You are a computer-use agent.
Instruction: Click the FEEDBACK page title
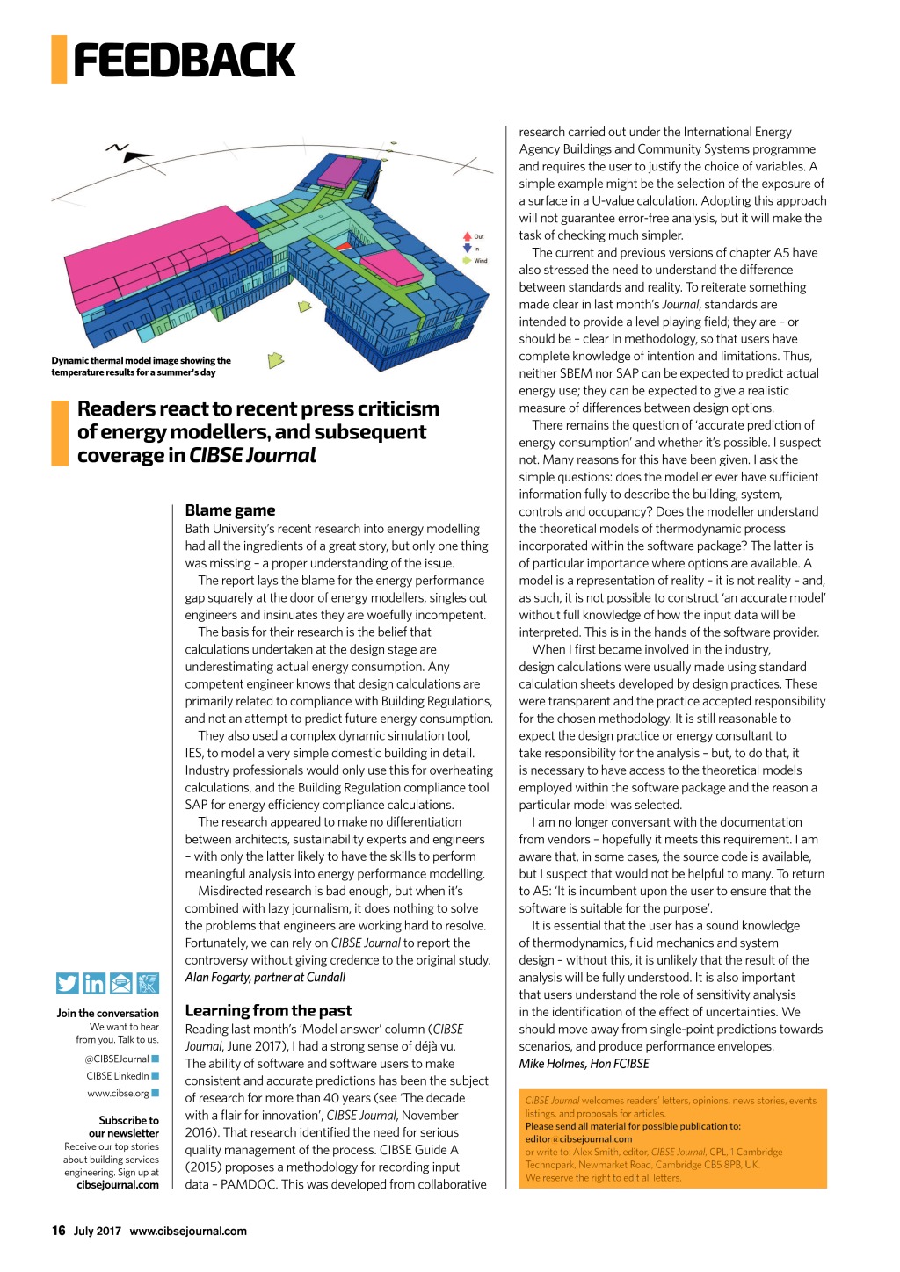click(184, 61)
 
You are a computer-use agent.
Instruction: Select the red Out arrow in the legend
click(468, 236)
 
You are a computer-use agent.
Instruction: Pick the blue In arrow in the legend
click(468, 249)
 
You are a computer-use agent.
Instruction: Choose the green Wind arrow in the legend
click(468, 260)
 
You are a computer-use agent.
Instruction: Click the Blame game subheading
click(230, 510)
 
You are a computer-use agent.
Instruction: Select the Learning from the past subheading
click(268, 1010)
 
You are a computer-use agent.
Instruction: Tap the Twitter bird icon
click(68, 983)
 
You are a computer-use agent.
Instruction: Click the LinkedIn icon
click(94, 983)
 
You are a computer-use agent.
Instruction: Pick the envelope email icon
click(120, 983)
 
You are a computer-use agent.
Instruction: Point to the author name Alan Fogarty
click(265, 977)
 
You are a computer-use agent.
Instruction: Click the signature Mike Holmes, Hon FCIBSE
click(584, 1063)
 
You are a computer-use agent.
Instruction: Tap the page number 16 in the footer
click(59, 1231)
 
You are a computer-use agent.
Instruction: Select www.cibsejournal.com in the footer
click(188, 1231)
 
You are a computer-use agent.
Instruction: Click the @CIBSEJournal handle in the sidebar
click(117, 1059)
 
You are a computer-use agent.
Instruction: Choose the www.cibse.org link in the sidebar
click(118, 1093)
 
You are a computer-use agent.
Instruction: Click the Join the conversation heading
click(107, 1013)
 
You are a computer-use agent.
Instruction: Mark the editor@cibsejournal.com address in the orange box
click(578, 1138)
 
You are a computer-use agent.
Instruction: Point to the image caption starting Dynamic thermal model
click(141, 366)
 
